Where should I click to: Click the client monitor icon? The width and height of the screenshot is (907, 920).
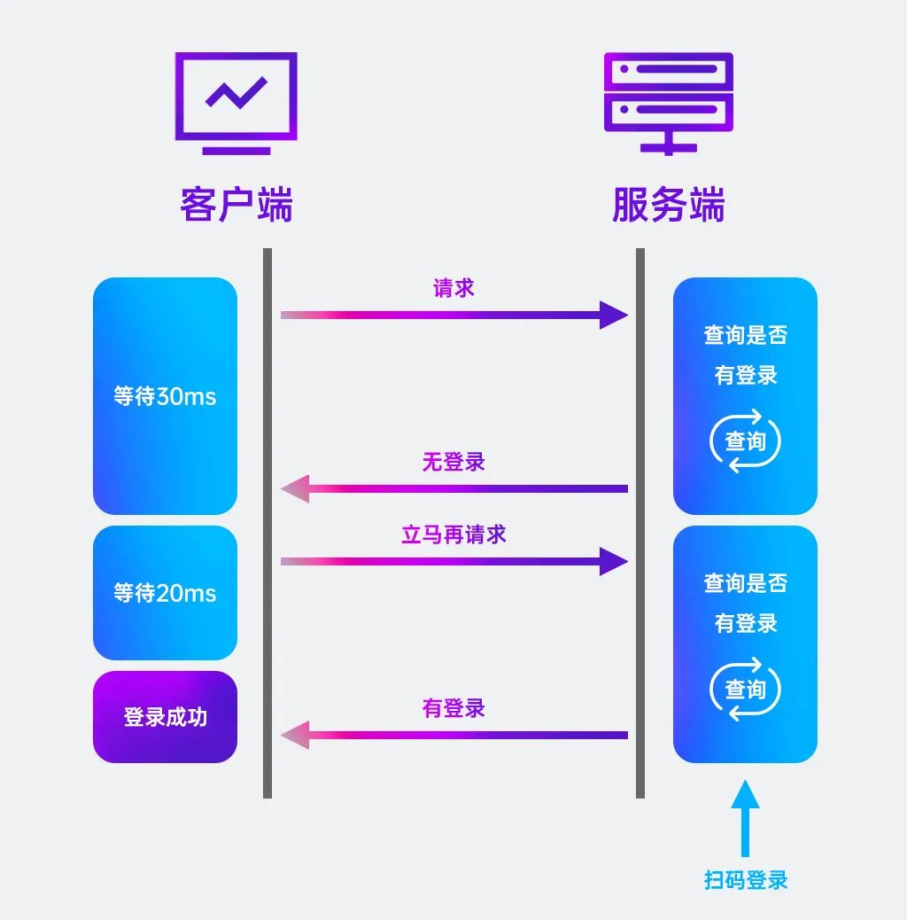coord(236,102)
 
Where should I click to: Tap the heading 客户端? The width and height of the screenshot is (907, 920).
coord(236,205)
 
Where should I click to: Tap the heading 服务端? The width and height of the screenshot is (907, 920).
coord(669,205)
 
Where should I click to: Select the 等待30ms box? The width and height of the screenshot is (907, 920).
coord(165,396)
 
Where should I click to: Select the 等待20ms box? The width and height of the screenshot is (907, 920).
coord(165,593)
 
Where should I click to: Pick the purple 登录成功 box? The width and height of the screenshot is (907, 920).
coord(165,716)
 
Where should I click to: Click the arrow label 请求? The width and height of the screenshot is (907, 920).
coord(453,288)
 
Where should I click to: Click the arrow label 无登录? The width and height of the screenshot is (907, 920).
coord(453,462)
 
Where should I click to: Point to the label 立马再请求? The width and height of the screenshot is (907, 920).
coord(453,534)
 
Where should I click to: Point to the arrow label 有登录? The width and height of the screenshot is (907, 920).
coord(453,708)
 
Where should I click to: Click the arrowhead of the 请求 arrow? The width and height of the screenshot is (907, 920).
coord(613,315)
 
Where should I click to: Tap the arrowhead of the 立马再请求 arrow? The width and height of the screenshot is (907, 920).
coord(613,561)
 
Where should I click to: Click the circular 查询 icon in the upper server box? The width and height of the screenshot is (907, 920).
coord(745,441)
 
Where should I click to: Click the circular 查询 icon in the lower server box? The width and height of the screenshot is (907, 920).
coord(745,689)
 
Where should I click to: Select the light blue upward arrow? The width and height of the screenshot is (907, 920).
coord(745,815)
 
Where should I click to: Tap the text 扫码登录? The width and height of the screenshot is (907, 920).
coord(745,880)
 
